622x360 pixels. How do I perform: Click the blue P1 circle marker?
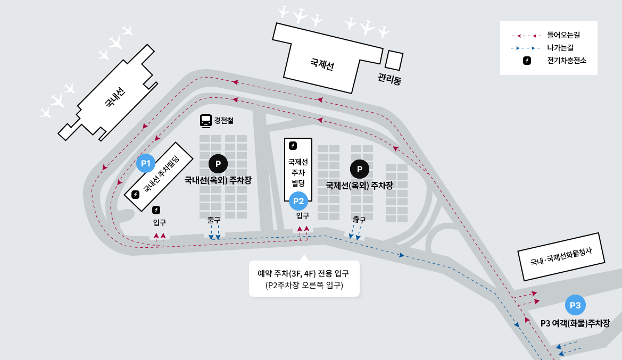[x=146, y=163]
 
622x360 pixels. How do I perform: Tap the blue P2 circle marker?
[x=298, y=201]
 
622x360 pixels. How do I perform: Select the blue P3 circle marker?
[x=575, y=305]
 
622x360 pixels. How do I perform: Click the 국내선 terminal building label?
[x=115, y=98]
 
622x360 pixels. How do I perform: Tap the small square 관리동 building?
[x=394, y=60]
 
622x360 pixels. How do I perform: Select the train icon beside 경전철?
[x=205, y=121]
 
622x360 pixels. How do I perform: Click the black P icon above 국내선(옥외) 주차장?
[x=218, y=163]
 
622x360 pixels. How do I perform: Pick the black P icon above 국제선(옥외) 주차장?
[x=360, y=169]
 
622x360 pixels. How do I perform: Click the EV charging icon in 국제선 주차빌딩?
[x=293, y=145]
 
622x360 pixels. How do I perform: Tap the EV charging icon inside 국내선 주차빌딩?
[x=136, y=194]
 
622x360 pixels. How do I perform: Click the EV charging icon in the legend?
[x=526, y=60]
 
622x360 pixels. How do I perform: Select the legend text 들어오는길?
[x=563, y=36]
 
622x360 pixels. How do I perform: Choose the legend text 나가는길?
[x=560, y=48]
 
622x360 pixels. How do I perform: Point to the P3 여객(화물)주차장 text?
[x=575, y=323]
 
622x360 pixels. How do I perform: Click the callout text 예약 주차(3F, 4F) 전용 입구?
[x=303, y=274]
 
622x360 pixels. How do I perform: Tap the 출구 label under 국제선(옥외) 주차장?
[x=359, y=219]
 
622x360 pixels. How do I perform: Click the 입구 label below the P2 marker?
[x=303, y=215]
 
